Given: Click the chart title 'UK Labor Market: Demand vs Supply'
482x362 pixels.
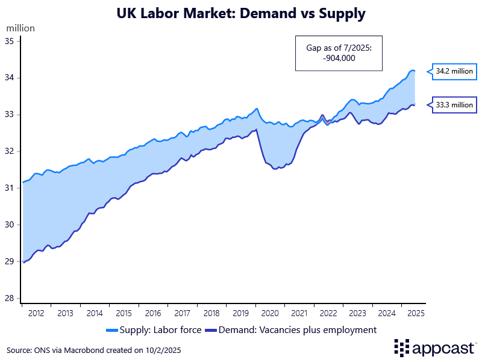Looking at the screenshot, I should pos(241,13).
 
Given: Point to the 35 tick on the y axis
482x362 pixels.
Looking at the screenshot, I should pos(13,41).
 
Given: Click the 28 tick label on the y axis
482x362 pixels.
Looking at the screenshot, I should pos(13,298).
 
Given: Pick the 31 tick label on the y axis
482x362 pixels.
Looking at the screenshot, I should pos(13,188).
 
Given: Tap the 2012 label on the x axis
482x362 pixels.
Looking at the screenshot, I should pos(36,313).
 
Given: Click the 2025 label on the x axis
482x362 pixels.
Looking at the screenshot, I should pos(415,313).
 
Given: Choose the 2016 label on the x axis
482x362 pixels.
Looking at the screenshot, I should pos(153,313).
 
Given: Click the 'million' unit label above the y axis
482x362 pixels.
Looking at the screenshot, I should pos(20,28).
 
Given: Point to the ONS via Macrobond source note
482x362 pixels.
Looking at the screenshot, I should pos(93,350).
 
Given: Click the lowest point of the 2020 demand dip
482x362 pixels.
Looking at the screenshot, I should pos(275,169).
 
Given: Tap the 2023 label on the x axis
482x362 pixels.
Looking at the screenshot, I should pos(357,313).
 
